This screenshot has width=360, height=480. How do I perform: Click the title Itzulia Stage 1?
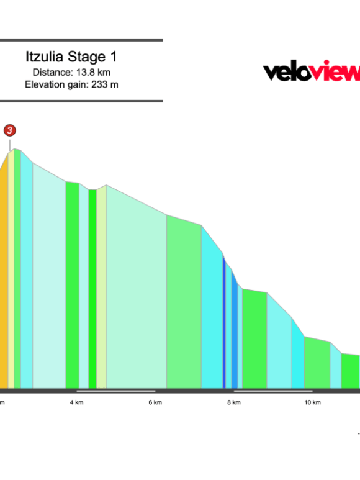pyautogui.click(x=71, y=57)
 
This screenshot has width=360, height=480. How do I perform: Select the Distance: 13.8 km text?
pyautogui.click(x=71, y=72)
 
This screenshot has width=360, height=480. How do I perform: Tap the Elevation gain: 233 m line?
pyautogui.click(x=71, y=84)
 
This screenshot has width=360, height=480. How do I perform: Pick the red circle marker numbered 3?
pyautogui.click(x=9, y=130)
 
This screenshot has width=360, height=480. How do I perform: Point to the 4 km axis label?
pyautogui.click(x=76, y=402)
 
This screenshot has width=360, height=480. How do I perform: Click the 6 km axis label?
pyautogui.click(x=155, y=402)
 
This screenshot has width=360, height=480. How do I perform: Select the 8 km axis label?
pyautogui.click(x=233, y=402)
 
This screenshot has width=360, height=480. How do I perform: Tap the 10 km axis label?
pyautogui.click(x=312, y=402)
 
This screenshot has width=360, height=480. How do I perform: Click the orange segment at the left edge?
pyautogui.click(x=3, y=279)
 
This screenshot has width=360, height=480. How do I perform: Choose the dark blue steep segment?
pyautogui.click(x=224, y=323)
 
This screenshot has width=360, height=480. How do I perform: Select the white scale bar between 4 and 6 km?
pyautogui.click(x=115, y=391)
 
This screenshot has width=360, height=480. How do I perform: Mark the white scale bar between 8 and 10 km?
pyautogui.click(x=273, y=391)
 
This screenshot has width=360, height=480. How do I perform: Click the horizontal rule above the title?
pyautogui.click(x=81, y=40)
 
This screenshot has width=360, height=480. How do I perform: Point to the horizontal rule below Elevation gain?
pyautogui.click(x=81, y=101)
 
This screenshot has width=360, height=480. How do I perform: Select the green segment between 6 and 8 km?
pyautogui.click(x=184, y=304)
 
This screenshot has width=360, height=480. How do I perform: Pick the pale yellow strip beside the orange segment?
pyautogui.click(x=11, y=273)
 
